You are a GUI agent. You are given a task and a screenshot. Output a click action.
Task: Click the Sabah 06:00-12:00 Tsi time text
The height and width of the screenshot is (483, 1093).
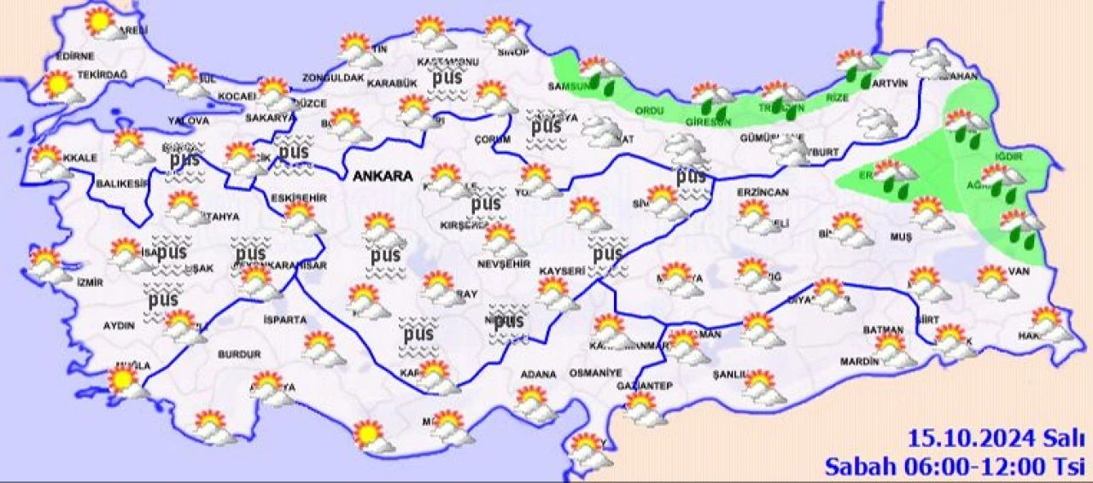click(x=954, y=466)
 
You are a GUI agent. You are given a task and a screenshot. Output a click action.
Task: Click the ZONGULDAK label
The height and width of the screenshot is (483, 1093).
click(x=332, y=79)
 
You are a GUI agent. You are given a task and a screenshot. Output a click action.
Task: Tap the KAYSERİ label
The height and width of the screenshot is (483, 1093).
click(x=561, y=270)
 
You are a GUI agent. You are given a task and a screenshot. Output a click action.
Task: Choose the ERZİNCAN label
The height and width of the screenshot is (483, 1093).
click(x=763, y=192)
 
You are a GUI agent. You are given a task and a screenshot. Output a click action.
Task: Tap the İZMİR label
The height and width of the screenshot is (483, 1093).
click(x=90, y=282)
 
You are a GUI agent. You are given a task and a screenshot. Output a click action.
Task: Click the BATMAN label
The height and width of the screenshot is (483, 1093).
click(x=884, y=329)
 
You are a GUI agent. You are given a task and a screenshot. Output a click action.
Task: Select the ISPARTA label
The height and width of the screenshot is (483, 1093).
click(x=285, y=320)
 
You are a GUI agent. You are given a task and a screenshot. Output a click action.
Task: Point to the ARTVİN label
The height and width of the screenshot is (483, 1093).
click(x=890, y=84)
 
